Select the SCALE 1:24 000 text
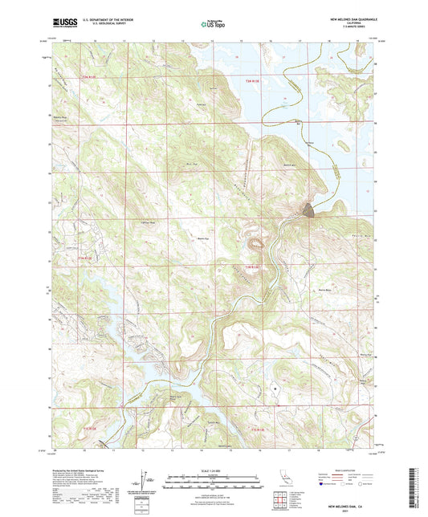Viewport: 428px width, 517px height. click(x=214, y=470)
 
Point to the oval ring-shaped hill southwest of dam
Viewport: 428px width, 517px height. click(x=258, y=240)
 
